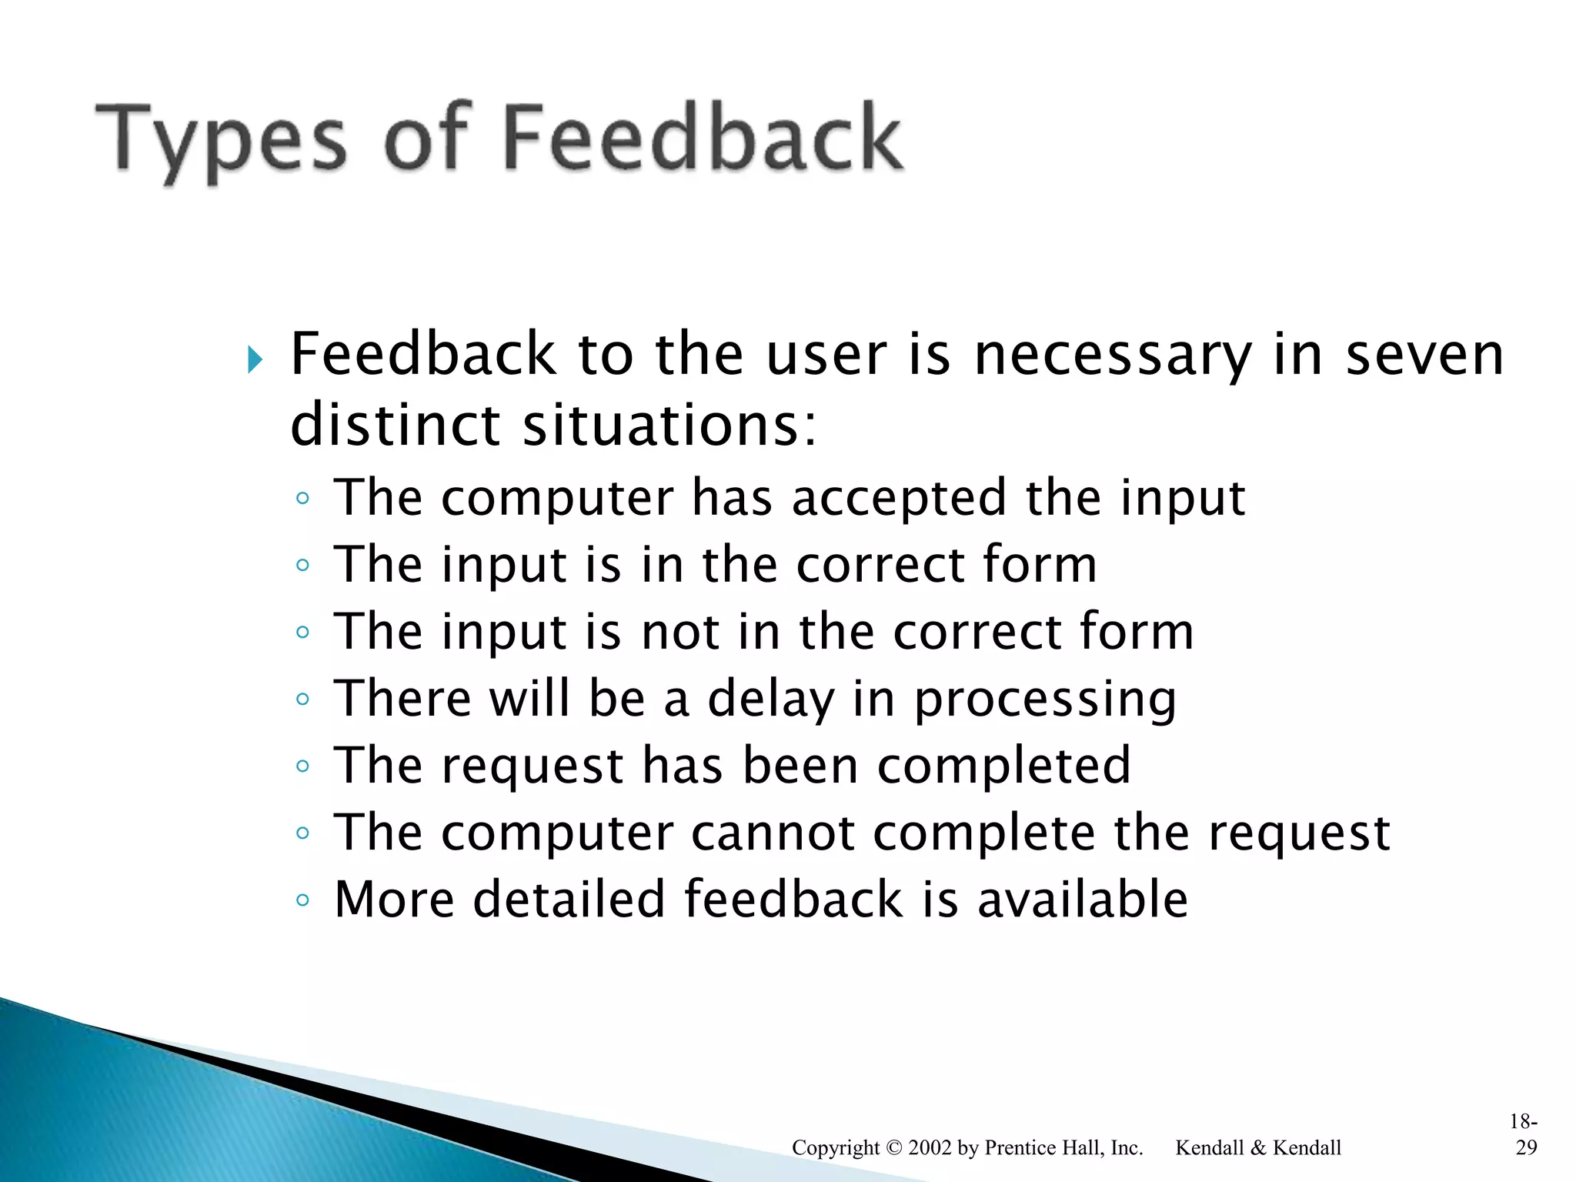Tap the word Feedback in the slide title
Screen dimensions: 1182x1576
point(703,139)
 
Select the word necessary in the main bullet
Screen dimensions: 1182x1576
point(1113,355)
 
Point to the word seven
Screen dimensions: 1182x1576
point(1424,355)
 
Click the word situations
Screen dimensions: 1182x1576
point(669,426)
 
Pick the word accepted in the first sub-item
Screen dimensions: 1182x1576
point(899,497)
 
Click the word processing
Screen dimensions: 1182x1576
point(1045,700)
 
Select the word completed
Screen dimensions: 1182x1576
point(1003,766)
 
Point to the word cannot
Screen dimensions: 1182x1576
point(773,833)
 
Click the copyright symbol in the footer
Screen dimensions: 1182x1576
point(893,1148)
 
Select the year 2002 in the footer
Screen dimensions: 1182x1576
point(930,1148)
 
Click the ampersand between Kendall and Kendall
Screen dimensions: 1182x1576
point(1258,1148)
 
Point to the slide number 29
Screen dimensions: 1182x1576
point(1526,1148)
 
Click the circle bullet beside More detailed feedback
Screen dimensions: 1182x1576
point(302,900)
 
